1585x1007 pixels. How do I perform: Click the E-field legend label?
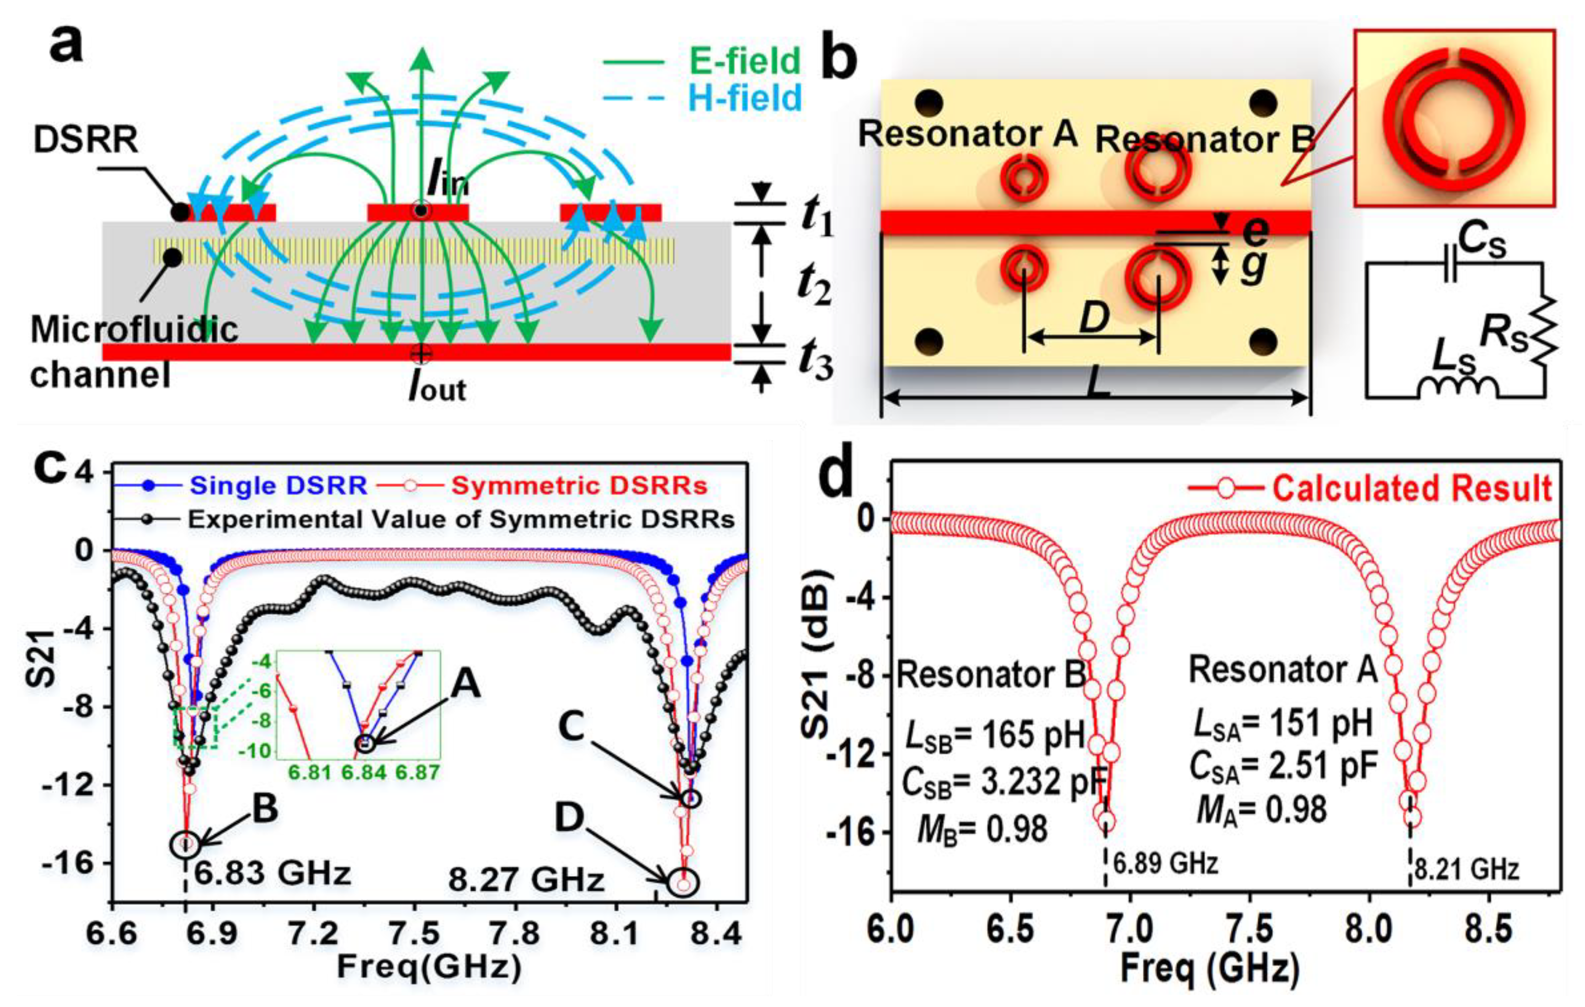click(744, 61)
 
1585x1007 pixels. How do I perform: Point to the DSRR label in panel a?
click(86, 140)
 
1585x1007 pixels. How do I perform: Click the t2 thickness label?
click(814, 287)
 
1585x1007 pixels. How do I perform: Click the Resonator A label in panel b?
click(968, 135)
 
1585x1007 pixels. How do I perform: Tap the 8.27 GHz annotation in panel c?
click(526, 879)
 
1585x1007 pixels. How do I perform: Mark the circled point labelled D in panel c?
click(684, 883)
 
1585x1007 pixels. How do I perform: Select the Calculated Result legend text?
click(1412, 489)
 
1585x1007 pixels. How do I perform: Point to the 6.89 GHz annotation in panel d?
click(1165, 862)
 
